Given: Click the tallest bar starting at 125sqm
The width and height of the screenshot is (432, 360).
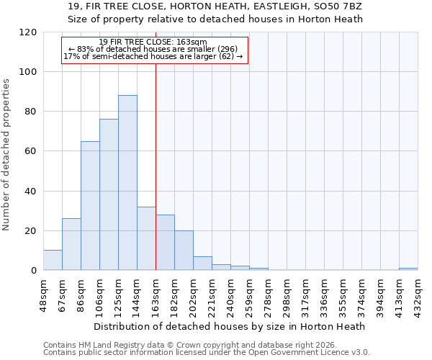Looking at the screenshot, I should click(x=127, y=183).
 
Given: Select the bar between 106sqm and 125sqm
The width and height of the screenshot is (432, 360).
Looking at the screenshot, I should click(x=109, y=194).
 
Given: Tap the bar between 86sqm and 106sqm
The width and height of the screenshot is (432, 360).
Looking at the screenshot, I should click(x=90, y=206).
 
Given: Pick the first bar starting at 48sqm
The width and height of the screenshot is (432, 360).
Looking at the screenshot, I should click(x=53, y=261).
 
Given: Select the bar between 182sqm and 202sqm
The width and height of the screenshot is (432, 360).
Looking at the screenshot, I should click(x=184, y=251).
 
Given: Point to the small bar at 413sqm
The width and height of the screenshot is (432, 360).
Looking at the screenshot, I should click(x=408, y=269).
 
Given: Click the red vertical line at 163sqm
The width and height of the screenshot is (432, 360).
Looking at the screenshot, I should click(x=156, y=166).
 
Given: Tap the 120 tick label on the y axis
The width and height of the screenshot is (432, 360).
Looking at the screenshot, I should click(x=28, y=32).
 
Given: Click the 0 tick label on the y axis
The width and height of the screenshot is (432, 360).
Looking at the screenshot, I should click(x=33, y=271).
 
